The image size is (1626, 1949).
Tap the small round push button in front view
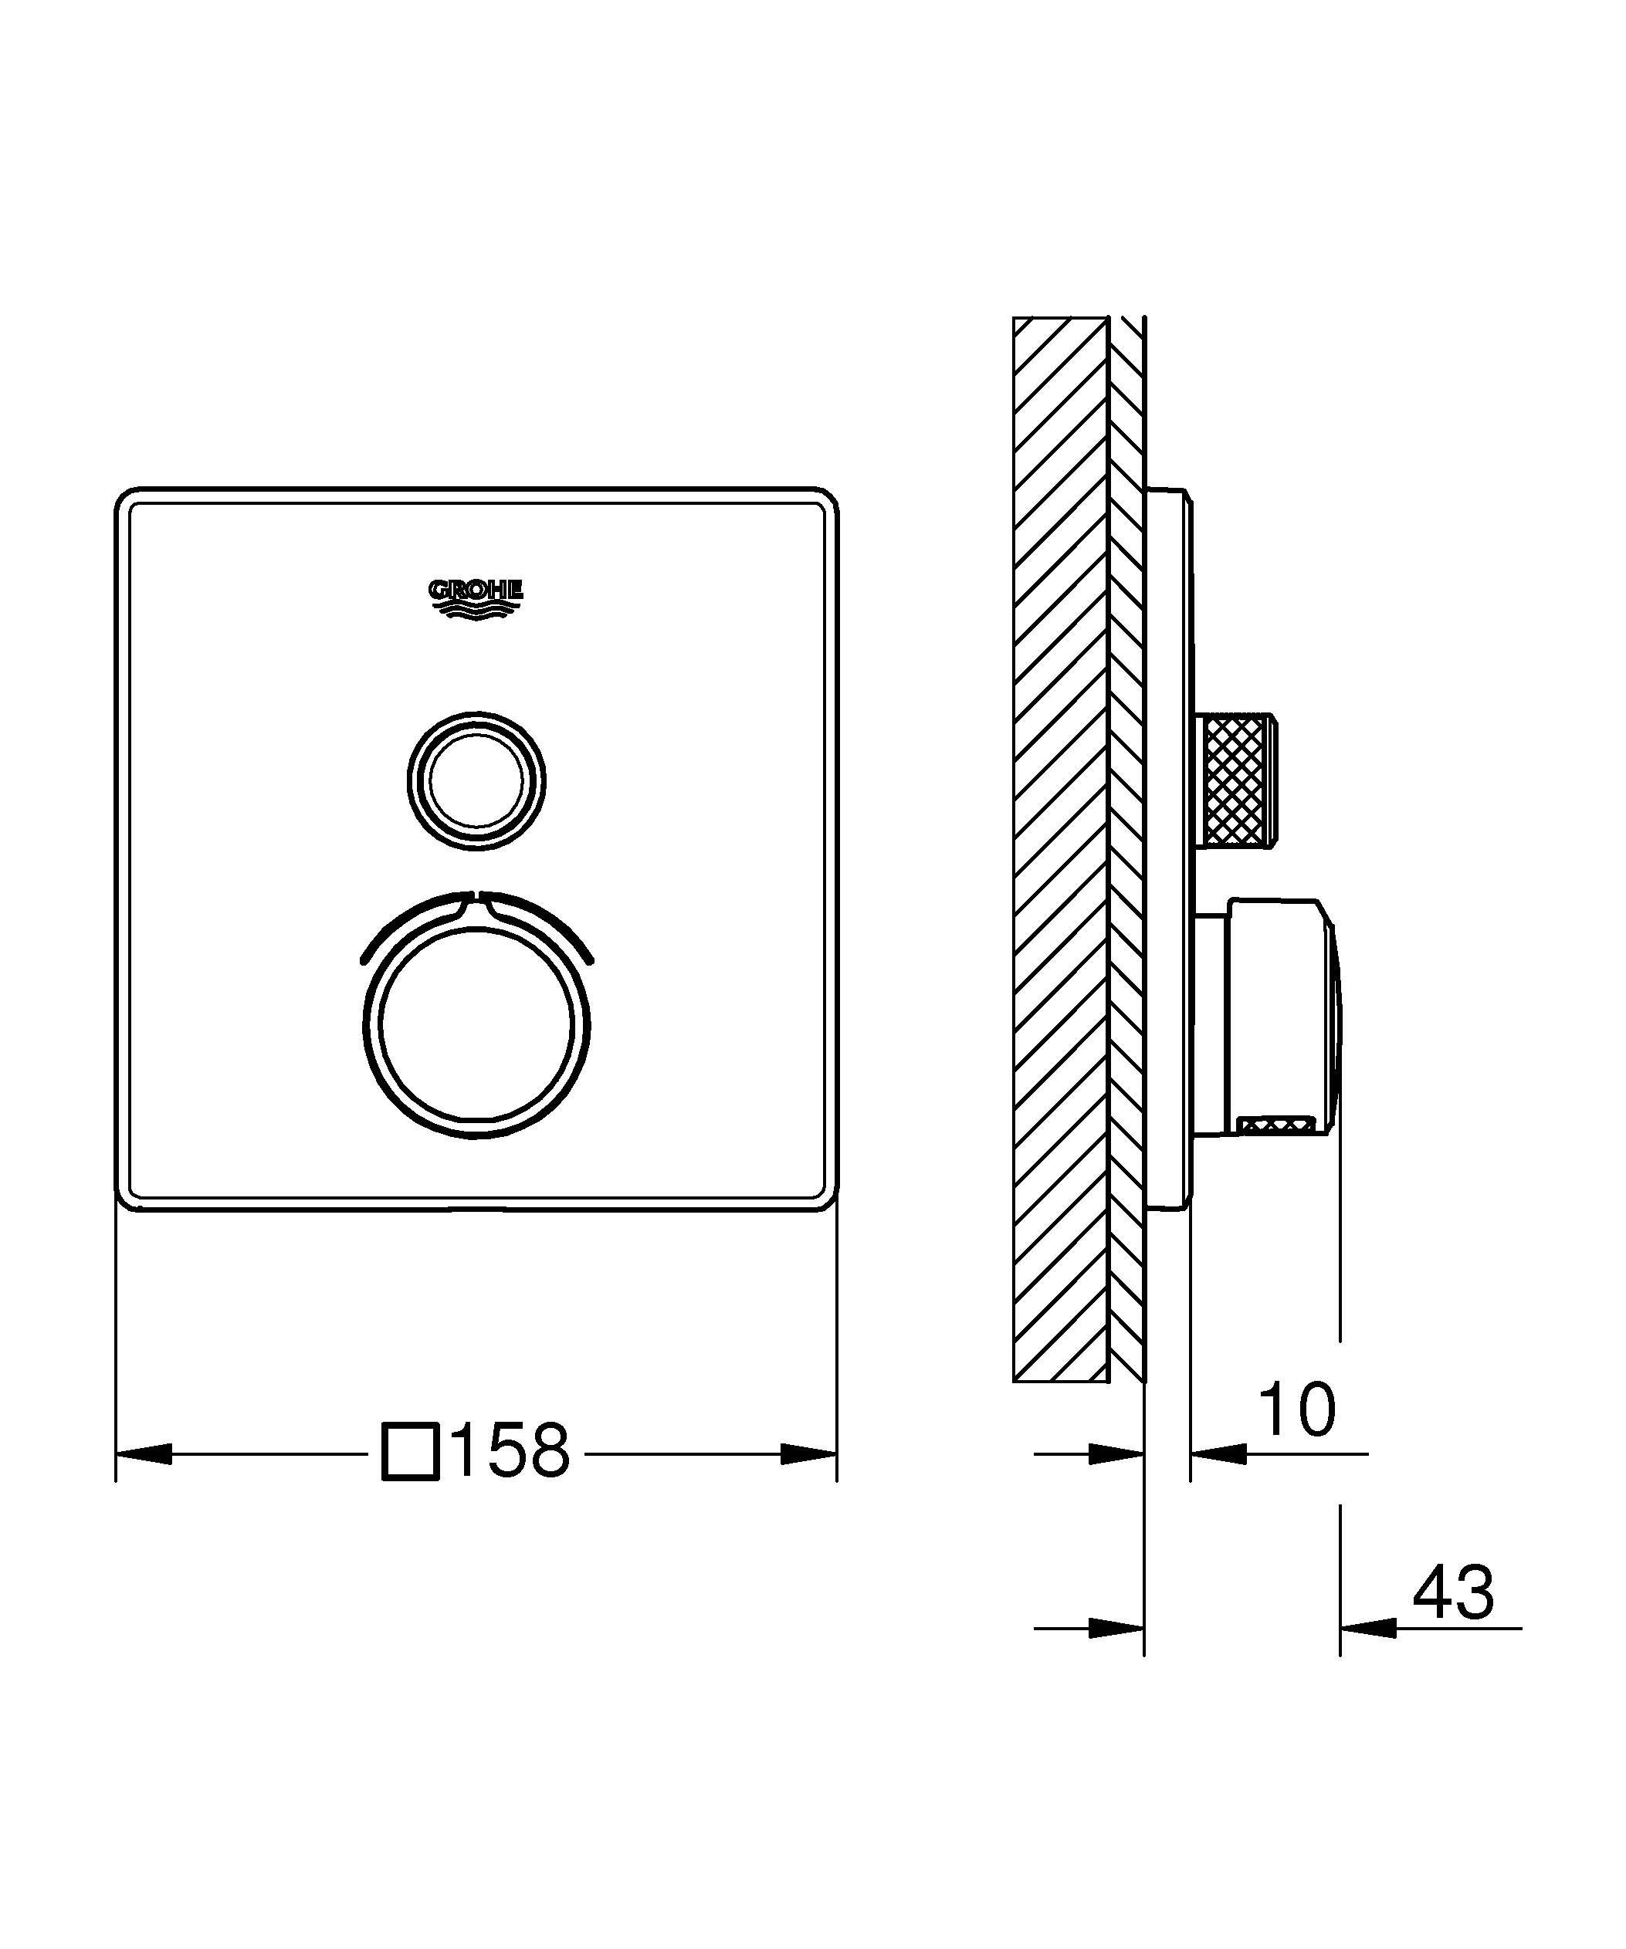tap(476, 780)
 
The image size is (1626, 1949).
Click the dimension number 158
tap(510, 1450)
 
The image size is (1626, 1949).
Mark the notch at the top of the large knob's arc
tap(476, 898)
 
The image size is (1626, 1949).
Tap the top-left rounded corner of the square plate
tap(126, 499)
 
